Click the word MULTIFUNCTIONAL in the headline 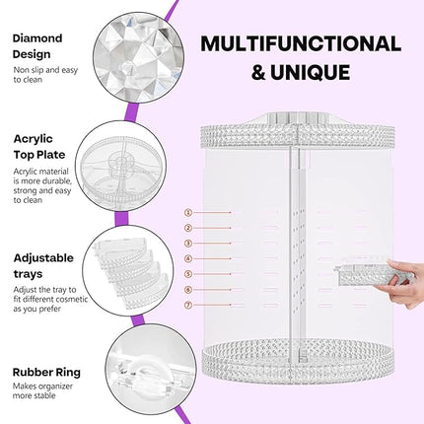pos(301,43)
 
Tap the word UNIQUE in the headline pos(315,72)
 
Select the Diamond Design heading pos(38,45)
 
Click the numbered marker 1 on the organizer pos(188,211)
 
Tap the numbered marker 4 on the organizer pos(188,258)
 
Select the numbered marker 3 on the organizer pos(188,243)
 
